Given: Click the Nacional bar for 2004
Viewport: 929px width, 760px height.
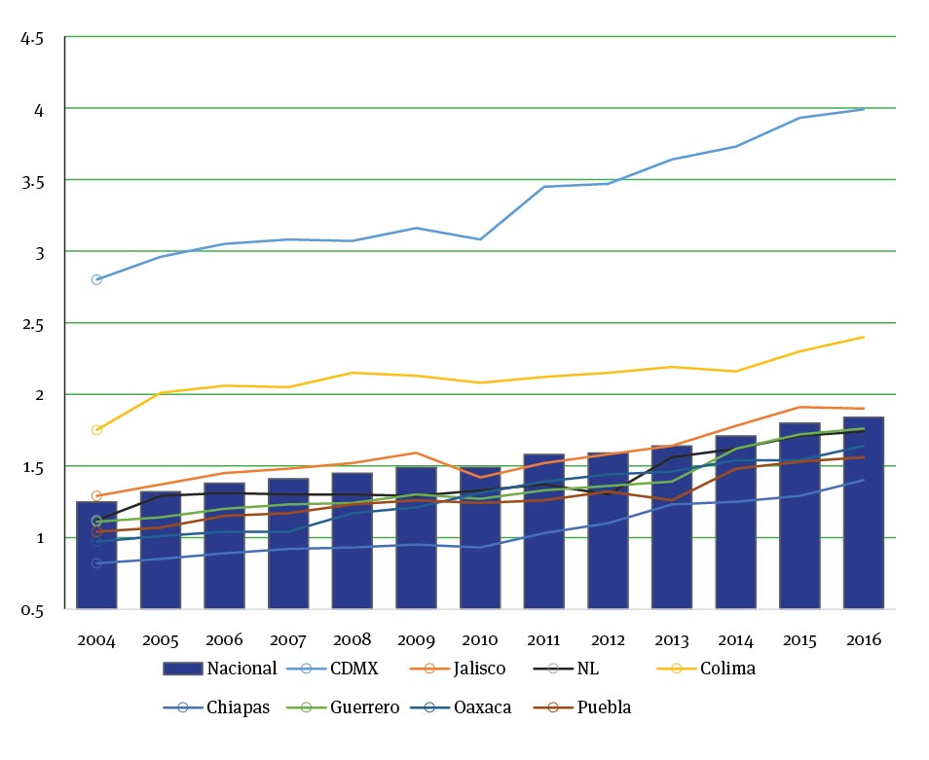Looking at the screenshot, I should click(x=96, y=555).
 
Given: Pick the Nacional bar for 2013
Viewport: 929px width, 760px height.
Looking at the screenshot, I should click(x=671, y=526).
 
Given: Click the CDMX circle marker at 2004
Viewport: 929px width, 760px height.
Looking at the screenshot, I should click(x=96, y=279).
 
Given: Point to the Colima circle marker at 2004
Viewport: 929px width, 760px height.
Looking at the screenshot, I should click(x=96, y=430).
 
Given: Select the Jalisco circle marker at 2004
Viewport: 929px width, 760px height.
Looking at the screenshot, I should click(x=96, y=496).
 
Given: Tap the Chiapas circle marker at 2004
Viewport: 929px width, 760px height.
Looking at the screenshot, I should click(x=96, y=563).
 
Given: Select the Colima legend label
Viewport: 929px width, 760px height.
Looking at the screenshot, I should click(x=727, y=669).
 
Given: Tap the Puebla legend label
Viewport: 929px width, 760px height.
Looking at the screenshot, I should click(x=605, y=707).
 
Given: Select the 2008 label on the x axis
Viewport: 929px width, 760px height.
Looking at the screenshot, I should click(x=352, y=640).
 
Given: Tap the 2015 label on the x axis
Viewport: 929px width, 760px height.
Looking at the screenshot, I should click(x=799, y=640).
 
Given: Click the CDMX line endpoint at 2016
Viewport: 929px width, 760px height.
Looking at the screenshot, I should click(x=864, y=109).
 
